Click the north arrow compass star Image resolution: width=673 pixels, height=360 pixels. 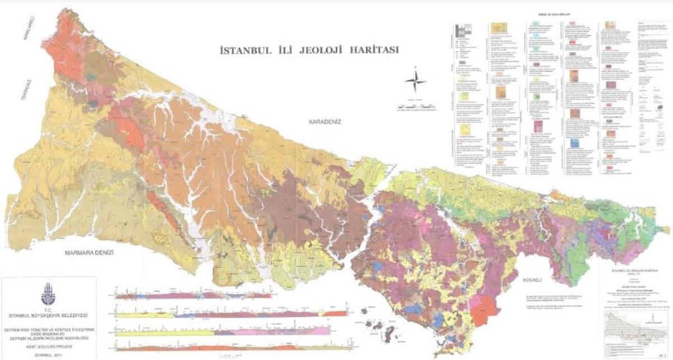pyautogui.click(x=415, y=81)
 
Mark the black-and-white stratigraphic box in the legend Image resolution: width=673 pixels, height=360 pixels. pyautogui.click(x=463, y=32)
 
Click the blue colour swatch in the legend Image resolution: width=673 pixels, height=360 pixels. pyautogui.click(x=575, y=144)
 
